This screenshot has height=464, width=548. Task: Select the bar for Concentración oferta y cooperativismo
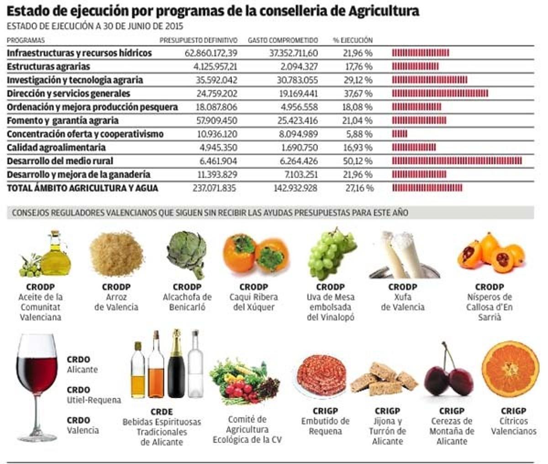point(400,134)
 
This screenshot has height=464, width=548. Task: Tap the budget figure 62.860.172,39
point(211,53)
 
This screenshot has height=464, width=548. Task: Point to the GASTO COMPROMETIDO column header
point(283,40)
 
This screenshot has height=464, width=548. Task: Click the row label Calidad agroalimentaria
point(56,148)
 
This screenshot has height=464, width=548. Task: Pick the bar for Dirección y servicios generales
point(440,94)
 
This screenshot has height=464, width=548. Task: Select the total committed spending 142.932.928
point(295,188)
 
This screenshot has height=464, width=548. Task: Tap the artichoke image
point(187,253)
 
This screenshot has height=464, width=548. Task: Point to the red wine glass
point(37,384)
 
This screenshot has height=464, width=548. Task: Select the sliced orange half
point(510,369)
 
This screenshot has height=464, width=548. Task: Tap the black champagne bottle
point(176,365)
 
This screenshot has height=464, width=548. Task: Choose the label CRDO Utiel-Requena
point(94,395)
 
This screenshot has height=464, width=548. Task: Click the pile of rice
point(116,254)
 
